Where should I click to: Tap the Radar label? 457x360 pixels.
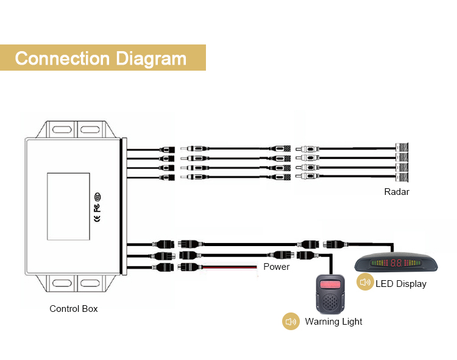397,192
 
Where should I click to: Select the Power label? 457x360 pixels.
276,267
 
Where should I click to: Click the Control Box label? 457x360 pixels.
74,309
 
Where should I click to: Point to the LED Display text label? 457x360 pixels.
401,283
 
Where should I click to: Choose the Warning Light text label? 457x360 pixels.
333,322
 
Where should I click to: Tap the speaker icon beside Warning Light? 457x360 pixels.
291,322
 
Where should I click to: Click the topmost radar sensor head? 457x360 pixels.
402,147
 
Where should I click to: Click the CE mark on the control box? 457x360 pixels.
97,217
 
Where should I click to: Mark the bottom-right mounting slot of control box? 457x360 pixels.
90,282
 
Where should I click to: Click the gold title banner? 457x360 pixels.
102,58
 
